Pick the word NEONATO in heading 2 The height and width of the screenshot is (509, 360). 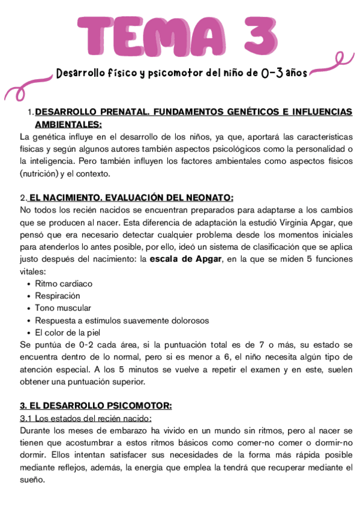(211, 197)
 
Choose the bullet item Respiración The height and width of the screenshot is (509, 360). (58, 295)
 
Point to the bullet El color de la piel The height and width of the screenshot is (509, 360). (68, 332)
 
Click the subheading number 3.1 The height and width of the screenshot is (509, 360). (26, 418)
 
